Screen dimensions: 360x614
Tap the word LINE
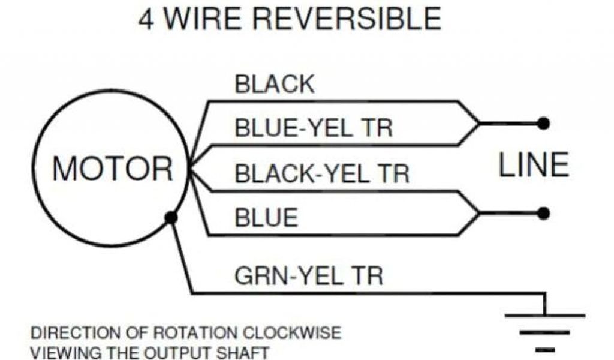pyautogui.click(x=534, y=165)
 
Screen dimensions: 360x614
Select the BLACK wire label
pyautogui.click(x=275, y=85)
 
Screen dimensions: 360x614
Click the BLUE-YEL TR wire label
pyautogui.click(x=314, y=128)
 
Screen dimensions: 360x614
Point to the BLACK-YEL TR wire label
pyautogui.click(x=322, y=173)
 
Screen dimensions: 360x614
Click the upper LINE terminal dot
pyautogui.click(x=544, y=124)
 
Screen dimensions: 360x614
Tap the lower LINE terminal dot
pyautogui.click(x=544, y=213)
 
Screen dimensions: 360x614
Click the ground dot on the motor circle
pyautogui.click(x=171, y=218)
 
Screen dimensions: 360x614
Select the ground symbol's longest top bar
pyautogui.click(x=544, y=315)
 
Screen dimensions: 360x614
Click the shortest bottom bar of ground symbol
pyautogui.click(x=544, y=349)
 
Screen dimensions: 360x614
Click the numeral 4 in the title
pyautogui.click(x=146, y=19)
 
